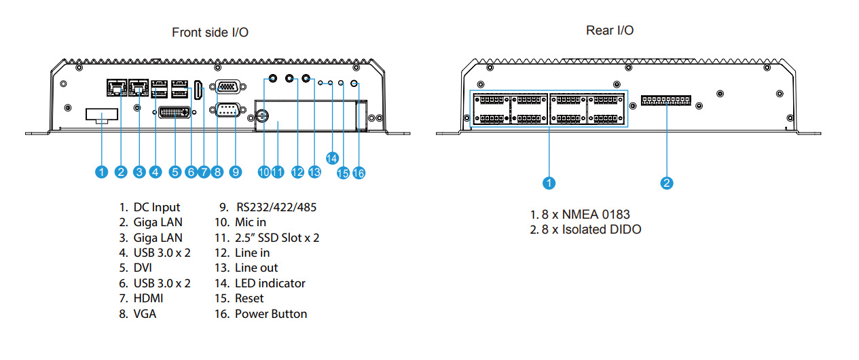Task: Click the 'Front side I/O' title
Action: coord(210,33)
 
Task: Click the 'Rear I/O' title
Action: coord(610,31)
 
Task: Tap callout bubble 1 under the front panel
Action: coord(101,172)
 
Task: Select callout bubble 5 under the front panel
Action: coord(175,172)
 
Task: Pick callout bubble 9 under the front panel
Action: coord(236,172)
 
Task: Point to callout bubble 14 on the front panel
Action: coord(332,158)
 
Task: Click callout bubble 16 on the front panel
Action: coord(359,173)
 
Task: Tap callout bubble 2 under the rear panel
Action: coord(667,182)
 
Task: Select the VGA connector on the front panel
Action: coord(225,87)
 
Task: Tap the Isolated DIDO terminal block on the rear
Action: coord(666,101)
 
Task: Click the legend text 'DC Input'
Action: coord(157,207)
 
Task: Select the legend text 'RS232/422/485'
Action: coord(276,207)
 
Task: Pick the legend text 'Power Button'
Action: coord(271,314)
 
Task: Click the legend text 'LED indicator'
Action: coord(270,283)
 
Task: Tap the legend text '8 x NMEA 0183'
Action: coord(585,215)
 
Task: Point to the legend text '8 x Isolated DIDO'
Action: coord(591,230)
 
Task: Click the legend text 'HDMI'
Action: coord(148,298)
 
